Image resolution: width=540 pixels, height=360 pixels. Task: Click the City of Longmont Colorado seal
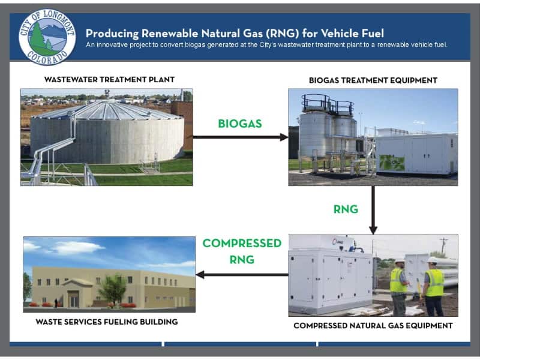pos(47,37)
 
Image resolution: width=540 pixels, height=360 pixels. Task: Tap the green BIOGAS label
pos(240,124)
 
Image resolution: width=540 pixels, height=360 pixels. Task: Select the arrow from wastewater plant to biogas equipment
pos(241,137)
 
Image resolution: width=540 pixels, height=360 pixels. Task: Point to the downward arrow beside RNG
pos(373,210)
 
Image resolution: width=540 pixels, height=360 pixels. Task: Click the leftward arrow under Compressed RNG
pos(242,275)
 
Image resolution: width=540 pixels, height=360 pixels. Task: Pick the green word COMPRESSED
pos(242,243)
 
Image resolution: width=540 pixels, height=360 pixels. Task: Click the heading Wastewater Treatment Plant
pos(110,80)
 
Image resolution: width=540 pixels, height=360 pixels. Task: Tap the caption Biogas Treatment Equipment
pos(373,80)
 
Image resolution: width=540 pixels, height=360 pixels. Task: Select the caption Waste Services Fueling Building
pos(107,322)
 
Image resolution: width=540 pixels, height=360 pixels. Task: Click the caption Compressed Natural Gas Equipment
pos(373,326)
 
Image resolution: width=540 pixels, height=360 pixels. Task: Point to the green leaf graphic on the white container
pos(392,162)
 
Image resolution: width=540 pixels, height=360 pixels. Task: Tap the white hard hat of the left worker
pos(400,261)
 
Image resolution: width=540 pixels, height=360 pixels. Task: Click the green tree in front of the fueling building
pos(113,289)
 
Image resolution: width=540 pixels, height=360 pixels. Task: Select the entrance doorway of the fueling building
pos(74,299)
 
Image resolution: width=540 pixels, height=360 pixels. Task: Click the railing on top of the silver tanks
pos(328,103)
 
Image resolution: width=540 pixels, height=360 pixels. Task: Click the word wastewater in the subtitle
pos(293,45)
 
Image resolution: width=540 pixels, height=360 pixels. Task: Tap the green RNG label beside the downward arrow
pos(346,209)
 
